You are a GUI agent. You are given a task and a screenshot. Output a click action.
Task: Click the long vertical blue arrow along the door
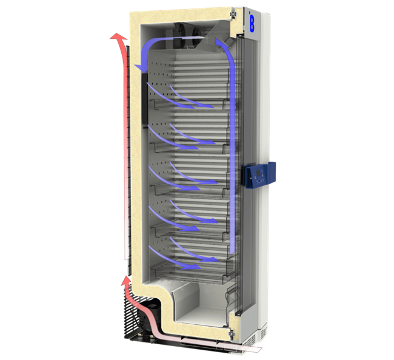pos(231,158)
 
